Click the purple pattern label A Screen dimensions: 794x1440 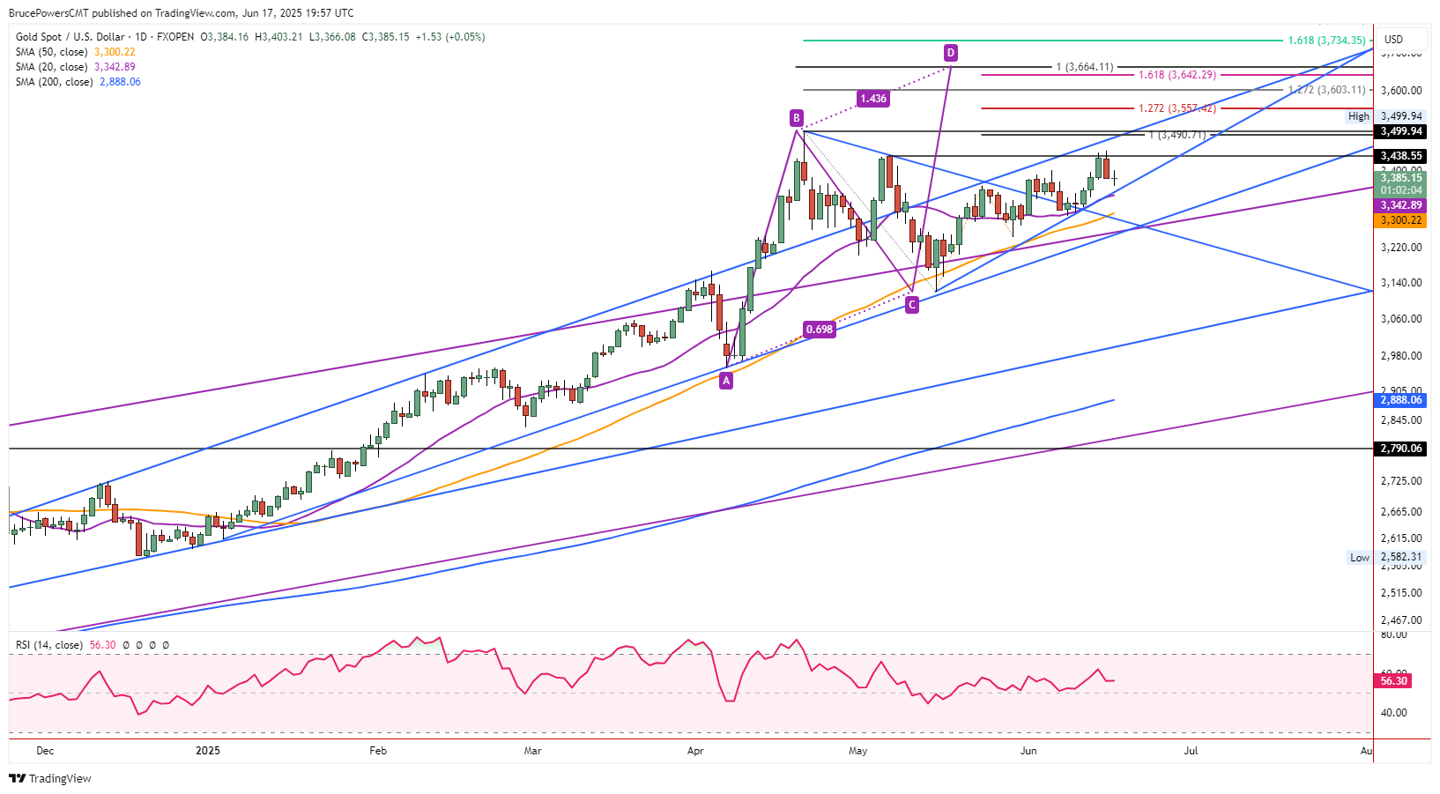pyautogui.click(x=726, y=381)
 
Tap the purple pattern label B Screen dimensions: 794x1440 pyautogui.click(x=797, y=118)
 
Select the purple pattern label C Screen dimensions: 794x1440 pyautogui.click(x=912, y=304)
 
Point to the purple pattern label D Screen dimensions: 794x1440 pyautogui.click(x=951, y=53)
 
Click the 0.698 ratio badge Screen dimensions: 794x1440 pyautogui.click(x=820, y=330)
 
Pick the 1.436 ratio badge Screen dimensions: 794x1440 pyautogui.click(x=873, y=99)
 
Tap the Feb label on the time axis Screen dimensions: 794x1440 pyautogui.click(x=378, y=751)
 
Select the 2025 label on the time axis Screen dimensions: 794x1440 pyautogui.click(x=208, y=751)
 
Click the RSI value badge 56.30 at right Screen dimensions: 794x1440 pyautogui.click(x=1393, y=681)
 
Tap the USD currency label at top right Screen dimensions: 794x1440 pyautogui.click(x=1393, y=39)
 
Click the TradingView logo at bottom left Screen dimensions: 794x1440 pyautogui.click(x=50, y=778)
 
